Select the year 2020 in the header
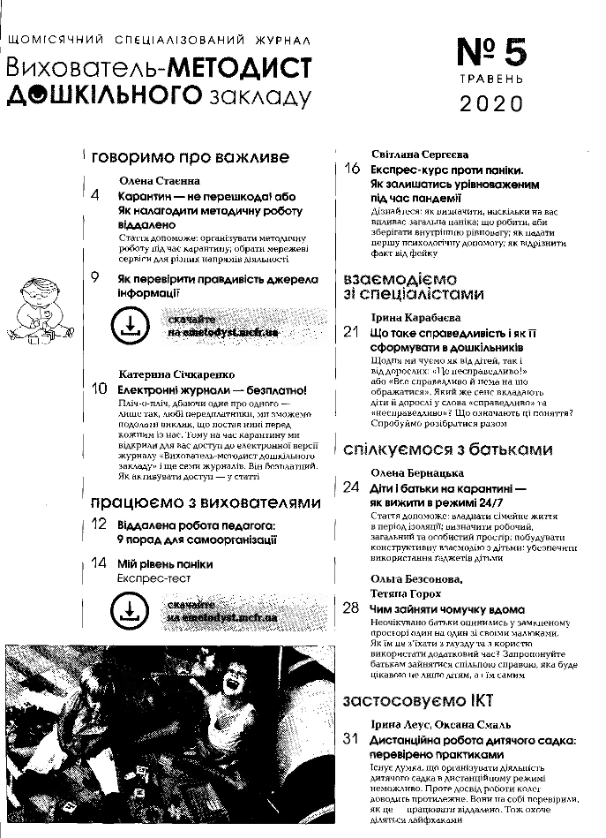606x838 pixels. click(492, 104)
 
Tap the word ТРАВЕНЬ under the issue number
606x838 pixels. click(492, 79)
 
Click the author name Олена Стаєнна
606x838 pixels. click(159, 179)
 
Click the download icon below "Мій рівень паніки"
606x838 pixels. click(130, 610)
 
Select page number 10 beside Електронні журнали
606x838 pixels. click(99, 389)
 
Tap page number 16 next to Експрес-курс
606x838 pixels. click(353, 169)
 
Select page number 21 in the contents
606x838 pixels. click(352, 332)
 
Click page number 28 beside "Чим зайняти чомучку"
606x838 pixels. click(352, 608)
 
